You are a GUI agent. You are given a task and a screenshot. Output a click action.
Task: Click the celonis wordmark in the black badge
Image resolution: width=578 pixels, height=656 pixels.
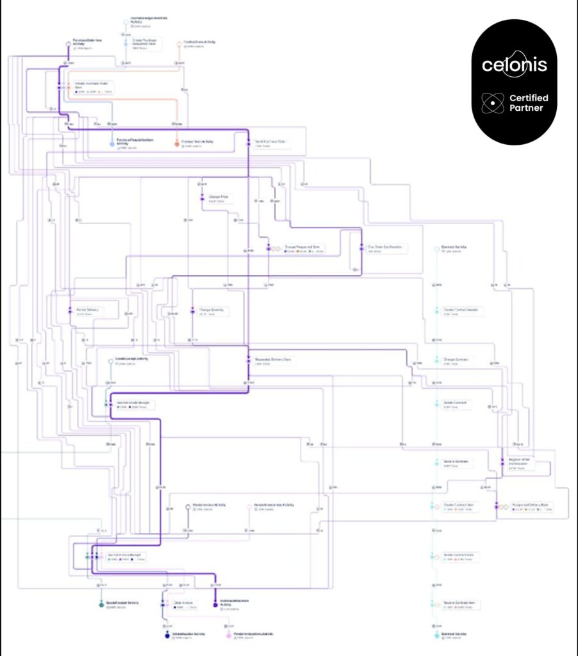click(x=515, y=65)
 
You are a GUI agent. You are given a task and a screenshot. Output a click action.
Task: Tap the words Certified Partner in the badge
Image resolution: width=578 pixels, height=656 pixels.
click(x=529, y=102)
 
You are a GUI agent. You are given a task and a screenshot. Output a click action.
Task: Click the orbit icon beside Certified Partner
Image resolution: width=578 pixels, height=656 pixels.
click(x=491, y=102)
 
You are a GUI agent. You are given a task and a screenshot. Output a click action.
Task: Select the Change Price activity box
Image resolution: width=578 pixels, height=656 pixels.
click(x=218, y=198)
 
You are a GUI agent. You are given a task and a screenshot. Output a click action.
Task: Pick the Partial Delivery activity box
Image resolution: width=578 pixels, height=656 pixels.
click(x=87, y=311)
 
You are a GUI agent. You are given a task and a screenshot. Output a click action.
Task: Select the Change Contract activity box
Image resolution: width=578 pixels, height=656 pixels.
click(x=457, y=361)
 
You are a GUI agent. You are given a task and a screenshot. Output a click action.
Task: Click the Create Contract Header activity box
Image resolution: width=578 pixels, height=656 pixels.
click(x=462, y=311)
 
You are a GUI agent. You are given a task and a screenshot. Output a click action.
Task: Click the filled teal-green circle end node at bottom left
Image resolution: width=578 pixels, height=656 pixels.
click(x=101, y=604)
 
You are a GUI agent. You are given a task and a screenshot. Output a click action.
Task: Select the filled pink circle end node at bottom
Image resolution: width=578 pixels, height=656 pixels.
click(x=229, y=635)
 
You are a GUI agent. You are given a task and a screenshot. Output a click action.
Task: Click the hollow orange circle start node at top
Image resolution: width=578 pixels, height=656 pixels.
click(x=179, y=44)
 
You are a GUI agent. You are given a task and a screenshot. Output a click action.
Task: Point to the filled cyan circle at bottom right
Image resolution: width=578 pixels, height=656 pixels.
click(x=436, y=635)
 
